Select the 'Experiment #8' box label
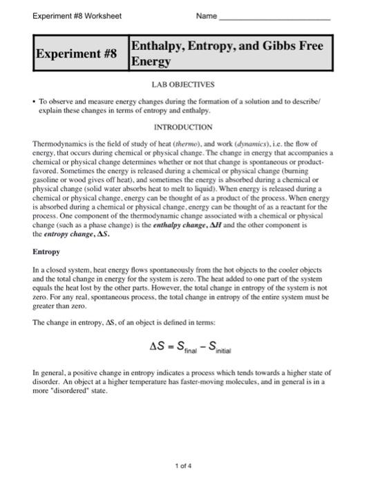(x=77, y=53)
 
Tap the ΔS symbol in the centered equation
(x=158, y=346)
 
